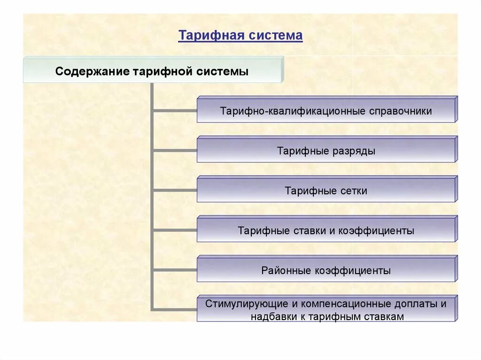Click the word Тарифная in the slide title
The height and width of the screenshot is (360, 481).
tap(204, 36)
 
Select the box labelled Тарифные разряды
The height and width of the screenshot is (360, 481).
tap(326, 150)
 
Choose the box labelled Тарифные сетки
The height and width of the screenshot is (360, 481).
tap(326, 190)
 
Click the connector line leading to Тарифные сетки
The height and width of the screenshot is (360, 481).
tap(175, 190)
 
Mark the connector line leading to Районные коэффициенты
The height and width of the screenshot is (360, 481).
tap(175, 270)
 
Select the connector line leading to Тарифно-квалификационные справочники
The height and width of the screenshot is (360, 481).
tap(175, 110)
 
